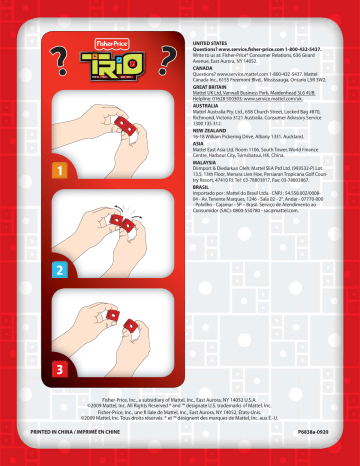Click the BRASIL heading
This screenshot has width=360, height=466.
tap(203, 232)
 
